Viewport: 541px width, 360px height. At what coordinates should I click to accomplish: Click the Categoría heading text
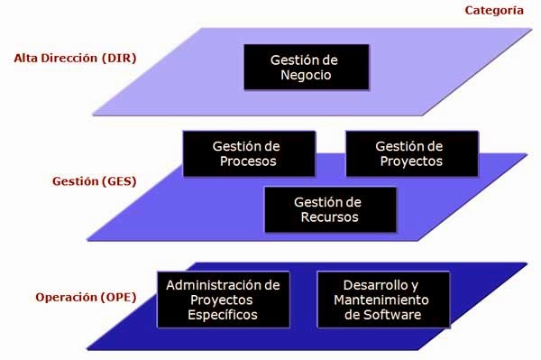point(493,11)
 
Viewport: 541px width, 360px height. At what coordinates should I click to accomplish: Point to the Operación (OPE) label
point(80,297)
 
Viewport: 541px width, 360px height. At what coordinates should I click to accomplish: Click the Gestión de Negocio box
point(305,68)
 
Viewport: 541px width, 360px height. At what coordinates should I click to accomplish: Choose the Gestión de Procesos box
point(248,153)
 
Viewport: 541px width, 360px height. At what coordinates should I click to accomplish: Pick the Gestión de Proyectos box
point(409,153)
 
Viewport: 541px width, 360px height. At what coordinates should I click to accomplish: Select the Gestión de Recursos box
point(328,209)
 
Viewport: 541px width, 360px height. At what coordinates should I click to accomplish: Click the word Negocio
point(305,76)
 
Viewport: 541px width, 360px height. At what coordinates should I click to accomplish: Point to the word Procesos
point(248,162)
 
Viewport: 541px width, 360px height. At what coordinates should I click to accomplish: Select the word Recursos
point(328,217)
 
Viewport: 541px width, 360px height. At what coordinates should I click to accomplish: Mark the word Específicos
point(223,315)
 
